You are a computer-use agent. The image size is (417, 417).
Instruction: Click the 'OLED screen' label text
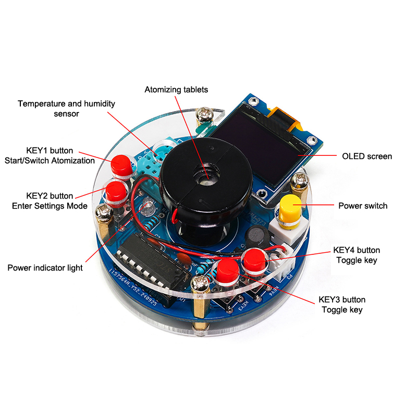367,156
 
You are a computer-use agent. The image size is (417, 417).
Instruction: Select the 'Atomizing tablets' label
176,90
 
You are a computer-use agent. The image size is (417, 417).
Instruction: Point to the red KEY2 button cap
116,191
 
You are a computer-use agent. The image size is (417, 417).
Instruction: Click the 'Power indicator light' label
45,268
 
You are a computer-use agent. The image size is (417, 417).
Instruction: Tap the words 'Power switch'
363,206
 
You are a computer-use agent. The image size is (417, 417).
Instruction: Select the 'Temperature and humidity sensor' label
66,108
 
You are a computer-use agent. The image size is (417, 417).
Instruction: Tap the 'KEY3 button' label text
342,300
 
